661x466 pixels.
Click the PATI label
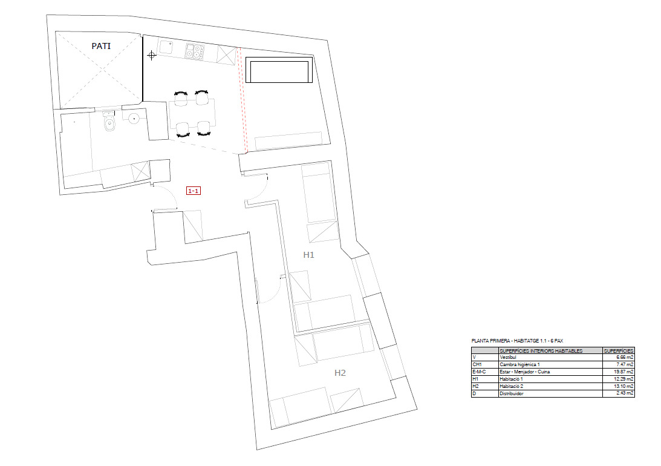coord(100,45)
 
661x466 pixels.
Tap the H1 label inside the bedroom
coord(308,255)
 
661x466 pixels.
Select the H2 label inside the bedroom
coord(340,373)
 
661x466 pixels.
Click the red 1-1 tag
coord(194,191)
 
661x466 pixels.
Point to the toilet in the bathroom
coord(109,124)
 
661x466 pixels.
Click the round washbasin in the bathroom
coord(134,117)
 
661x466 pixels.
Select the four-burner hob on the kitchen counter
coord(194,52)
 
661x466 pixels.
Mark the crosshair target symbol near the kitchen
coord(151,56)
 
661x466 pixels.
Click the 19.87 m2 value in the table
coord(619,372)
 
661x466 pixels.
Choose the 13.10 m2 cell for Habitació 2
coord(619,386)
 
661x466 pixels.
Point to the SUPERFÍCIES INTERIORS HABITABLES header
coord(541,351)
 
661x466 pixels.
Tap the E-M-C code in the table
coord(479,372)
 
